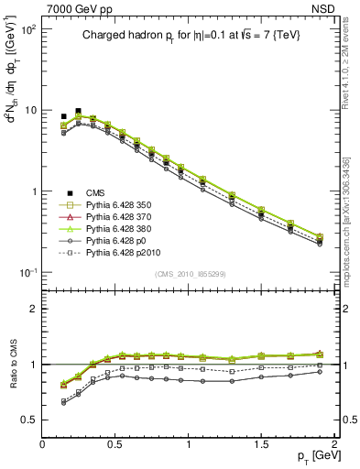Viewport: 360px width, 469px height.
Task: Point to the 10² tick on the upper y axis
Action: point(26,29)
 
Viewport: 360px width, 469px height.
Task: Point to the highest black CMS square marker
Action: point(78,111)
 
